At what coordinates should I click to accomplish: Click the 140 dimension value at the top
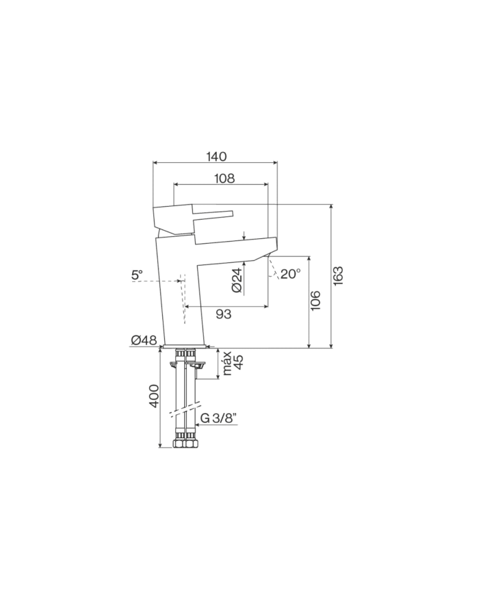tap(216, 156)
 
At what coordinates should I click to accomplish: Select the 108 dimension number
tap(224, 178)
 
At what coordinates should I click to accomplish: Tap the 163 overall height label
tap(338, 276)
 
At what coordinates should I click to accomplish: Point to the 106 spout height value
tap(315, 301)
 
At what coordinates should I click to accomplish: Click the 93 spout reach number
tap(223, 314)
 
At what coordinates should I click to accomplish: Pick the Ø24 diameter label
tap(237, 281)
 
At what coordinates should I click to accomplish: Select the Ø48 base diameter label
tap(144, 340)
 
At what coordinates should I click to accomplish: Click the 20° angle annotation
tap(291, 274)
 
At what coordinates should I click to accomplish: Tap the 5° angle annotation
tap(137, 275)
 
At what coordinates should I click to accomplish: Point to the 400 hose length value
tap(153, 396)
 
